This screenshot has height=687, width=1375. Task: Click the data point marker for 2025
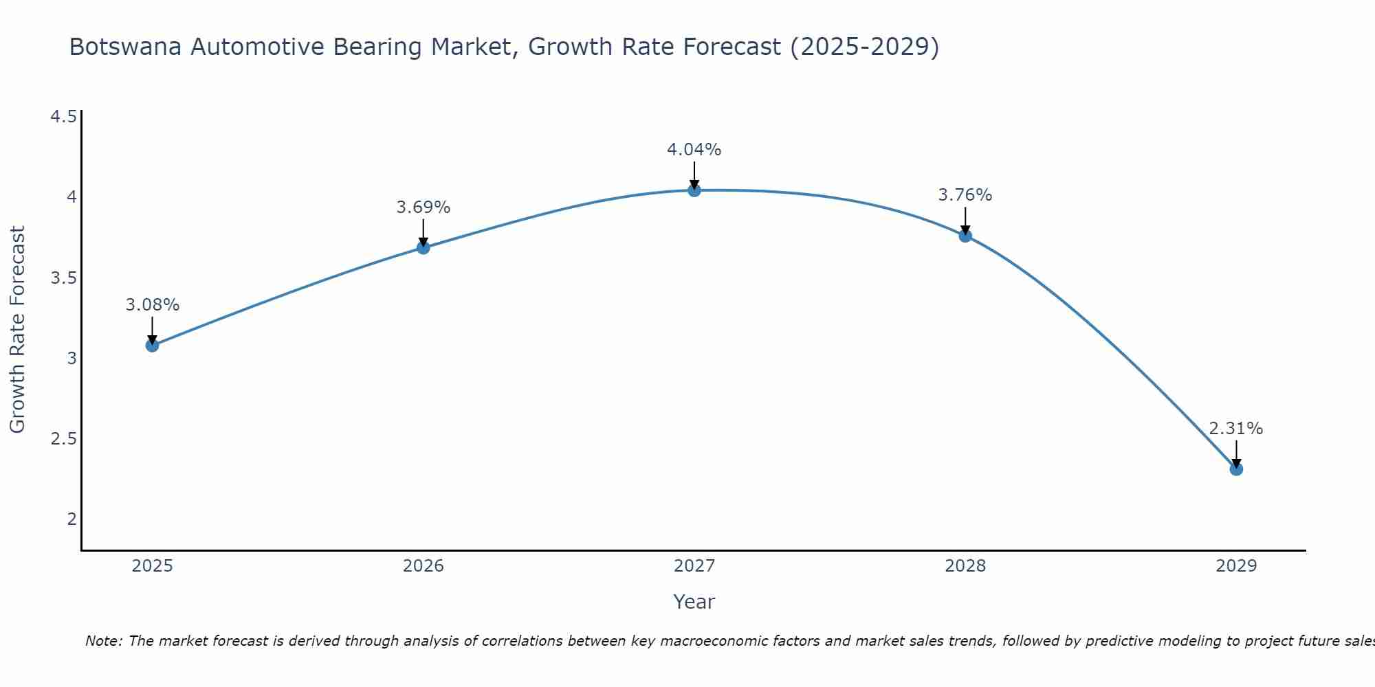click(x=152, y=345)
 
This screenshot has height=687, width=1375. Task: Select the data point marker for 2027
click(x=694, y=190)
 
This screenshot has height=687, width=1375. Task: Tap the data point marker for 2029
click(x=1235, y=469)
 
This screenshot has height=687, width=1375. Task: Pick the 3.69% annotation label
click(x=423, y=207)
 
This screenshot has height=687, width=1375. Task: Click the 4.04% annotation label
click(x=694, y=149)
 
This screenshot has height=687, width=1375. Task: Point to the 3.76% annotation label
click(x=965, y=194)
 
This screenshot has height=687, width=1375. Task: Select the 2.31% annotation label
click(x=1235, y=428)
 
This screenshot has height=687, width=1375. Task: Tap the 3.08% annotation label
click(x=152, y=304)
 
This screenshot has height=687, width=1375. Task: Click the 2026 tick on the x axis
click(x=423, y=566)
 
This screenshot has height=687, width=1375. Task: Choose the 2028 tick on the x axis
click(x=965, y=566)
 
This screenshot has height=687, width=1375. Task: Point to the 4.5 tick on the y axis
click(x=63, y=117)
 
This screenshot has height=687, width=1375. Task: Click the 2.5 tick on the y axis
click(x=63, y=438)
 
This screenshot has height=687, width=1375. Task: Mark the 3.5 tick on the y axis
click(x=63, y=278)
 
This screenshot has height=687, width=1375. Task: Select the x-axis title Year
click(x=694, y=602)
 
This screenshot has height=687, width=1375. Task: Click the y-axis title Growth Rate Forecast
click(x=17, y=330)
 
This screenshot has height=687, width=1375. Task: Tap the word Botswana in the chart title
click(x=126, y=47)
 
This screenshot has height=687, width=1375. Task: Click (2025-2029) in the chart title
click(x=864, y=47)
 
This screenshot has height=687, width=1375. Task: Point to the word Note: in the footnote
click(x=104, y=641)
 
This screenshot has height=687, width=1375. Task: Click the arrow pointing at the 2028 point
click(x=965, y=221)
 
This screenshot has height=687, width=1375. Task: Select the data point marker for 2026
click(x=423, y=247)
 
